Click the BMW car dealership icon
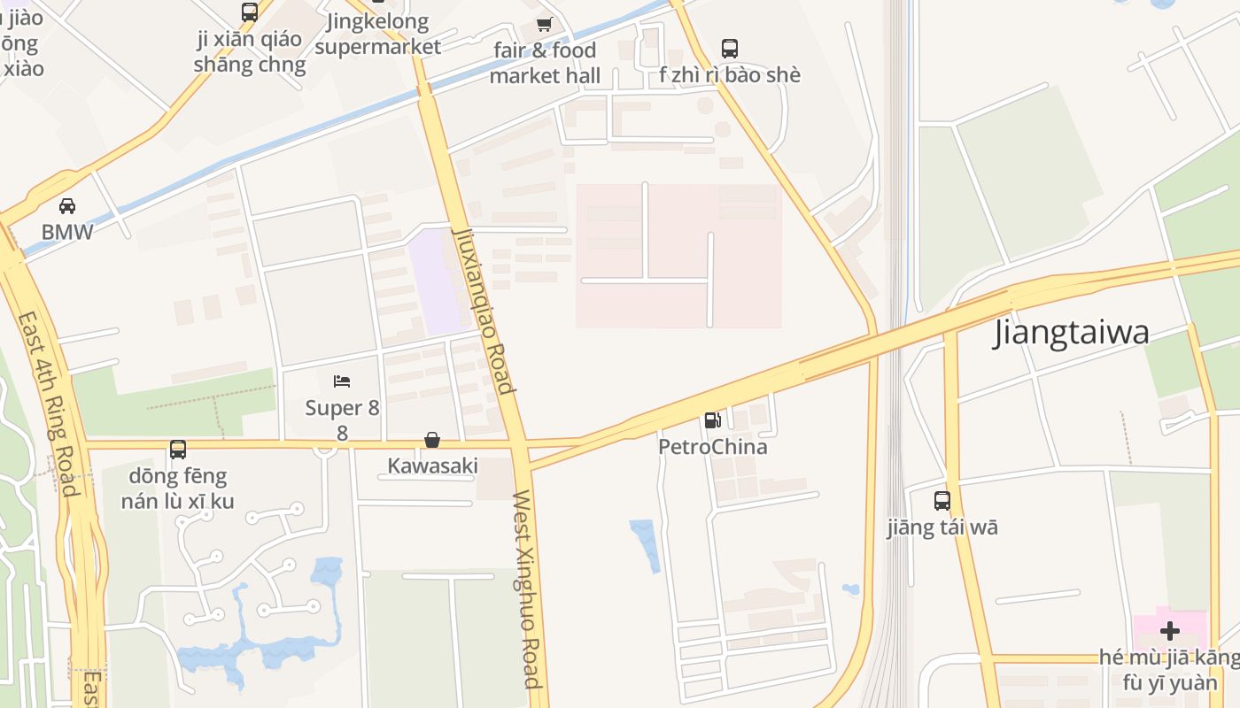[66, 206]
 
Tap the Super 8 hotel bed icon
[342, 381]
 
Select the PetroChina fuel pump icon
[713, 420]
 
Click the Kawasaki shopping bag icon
[432, 440]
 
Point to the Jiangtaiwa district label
[1072, 333]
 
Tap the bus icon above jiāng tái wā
[942, 500]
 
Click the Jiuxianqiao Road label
[483, 310]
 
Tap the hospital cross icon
[1170, 631]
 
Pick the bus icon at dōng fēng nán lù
[178, 450]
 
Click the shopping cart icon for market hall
[544, 25]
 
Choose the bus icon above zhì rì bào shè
[730, 49]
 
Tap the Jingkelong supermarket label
[377, 34]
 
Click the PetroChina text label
[712, 447]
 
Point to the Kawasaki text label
[432, 466]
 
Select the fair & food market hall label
[545, 63]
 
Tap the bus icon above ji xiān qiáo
[250, 12]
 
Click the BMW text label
[67, 232]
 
